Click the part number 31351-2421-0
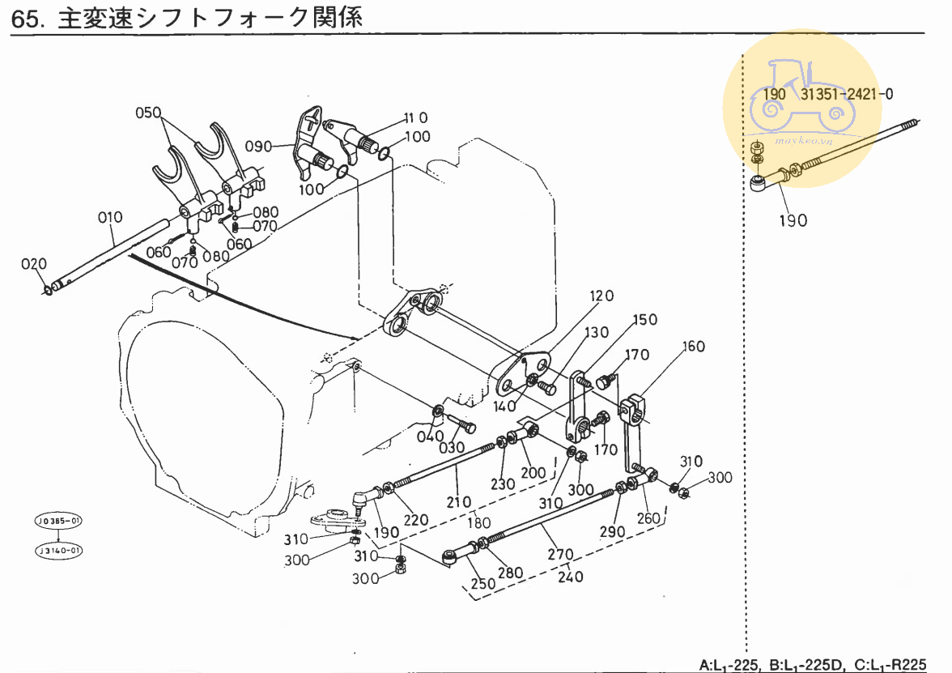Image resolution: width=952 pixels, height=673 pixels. click(x=848, y=94)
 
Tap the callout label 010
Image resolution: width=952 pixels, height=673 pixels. click(x=110, y=217)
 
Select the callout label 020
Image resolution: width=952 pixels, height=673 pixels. click(x=35, y=263)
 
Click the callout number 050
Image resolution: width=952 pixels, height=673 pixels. click(x=148, y=113)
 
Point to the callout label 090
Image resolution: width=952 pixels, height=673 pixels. click(x=259, y=146)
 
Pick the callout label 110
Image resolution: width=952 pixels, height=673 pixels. click(x=415, y=118)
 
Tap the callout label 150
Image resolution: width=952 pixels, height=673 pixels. click(x=644, y=319)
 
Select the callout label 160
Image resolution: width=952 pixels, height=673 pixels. click(x=693, y=347)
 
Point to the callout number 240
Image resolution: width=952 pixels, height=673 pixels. click(x=572, y=577)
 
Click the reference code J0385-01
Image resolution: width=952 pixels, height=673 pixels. click(x=59, y=520)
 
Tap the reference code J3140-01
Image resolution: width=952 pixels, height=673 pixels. click(x=59, y=551)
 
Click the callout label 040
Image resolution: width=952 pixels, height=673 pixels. click(x=430, y=437)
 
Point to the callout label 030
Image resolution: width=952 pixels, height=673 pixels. click(x=452, y=448)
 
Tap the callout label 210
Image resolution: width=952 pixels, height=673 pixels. click(x=459, y=502)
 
